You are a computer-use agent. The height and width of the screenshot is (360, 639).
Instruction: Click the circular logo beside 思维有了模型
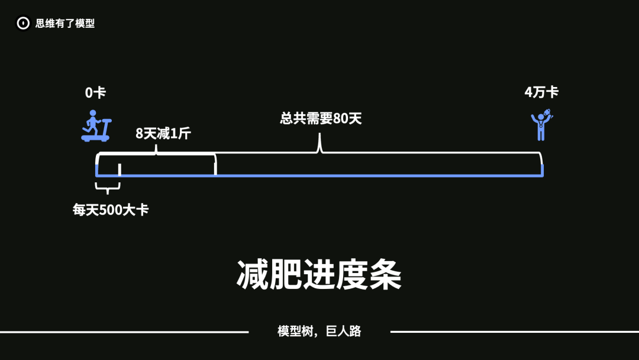[x=23, y=24]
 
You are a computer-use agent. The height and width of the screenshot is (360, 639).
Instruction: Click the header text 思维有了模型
[x=65, y=24]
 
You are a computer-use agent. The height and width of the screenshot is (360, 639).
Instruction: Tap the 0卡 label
[x=95, y=93]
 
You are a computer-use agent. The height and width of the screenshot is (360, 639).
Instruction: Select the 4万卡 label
[x=541, y=92]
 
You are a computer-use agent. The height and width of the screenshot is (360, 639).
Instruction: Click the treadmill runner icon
[x=96, y=126]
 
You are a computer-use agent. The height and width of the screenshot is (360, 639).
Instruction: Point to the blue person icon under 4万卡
[x=541, y=125]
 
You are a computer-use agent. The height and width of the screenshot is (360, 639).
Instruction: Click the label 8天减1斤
[x=163, y=133]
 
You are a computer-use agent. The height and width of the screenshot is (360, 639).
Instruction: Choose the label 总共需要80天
[x=321, y=118]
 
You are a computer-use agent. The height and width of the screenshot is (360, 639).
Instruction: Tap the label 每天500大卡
[x=111, y=210]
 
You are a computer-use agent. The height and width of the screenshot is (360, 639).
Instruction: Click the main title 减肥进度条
[x=319, y=275]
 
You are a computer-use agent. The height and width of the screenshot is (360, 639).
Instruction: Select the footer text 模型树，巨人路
[x=319, y=332]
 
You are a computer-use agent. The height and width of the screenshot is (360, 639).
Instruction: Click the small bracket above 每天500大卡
[x=108, y=188]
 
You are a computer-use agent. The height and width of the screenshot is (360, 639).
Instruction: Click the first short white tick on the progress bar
[x=120, y=170]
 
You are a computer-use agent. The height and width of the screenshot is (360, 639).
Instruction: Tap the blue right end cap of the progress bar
[x=542, y=171]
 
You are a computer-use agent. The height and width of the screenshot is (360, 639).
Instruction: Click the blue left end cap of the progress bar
[x=97, y=171]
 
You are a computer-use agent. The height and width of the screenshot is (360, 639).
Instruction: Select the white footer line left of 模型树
[x=124, y=332]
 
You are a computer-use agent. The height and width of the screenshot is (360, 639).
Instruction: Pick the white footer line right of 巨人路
[x=515, y=332]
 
